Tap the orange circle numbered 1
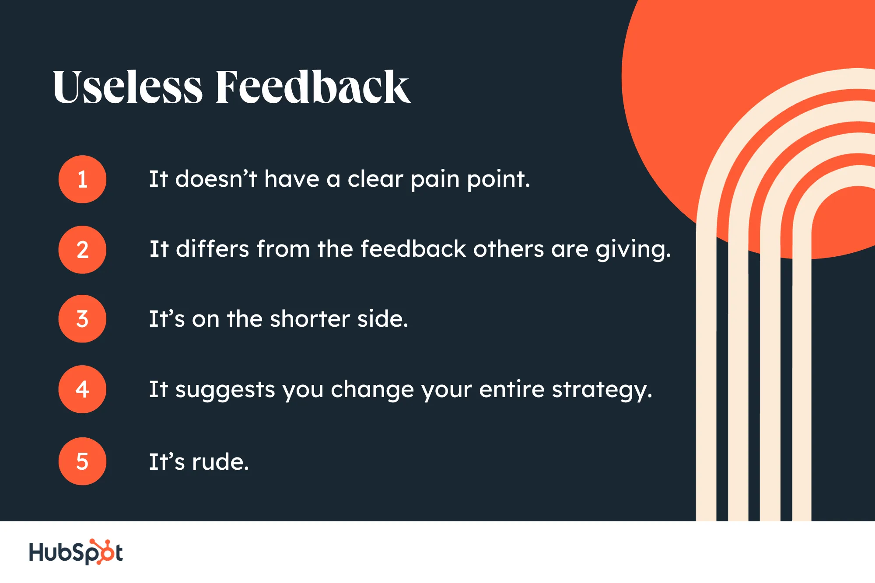pos(82,179)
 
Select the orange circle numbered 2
pos(82,250)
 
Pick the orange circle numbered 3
pos(82,319)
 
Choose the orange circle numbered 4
pos(82,389)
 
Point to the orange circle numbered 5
pos(82,461)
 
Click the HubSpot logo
pos(76,552)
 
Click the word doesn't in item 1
pos(216,179)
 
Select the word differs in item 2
pos(213,249)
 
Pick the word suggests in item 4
pos(225,390)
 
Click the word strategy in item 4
pos(602,390)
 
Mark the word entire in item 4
pos(512,389)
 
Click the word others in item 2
pos(508,249)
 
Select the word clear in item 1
pos(375,179)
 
